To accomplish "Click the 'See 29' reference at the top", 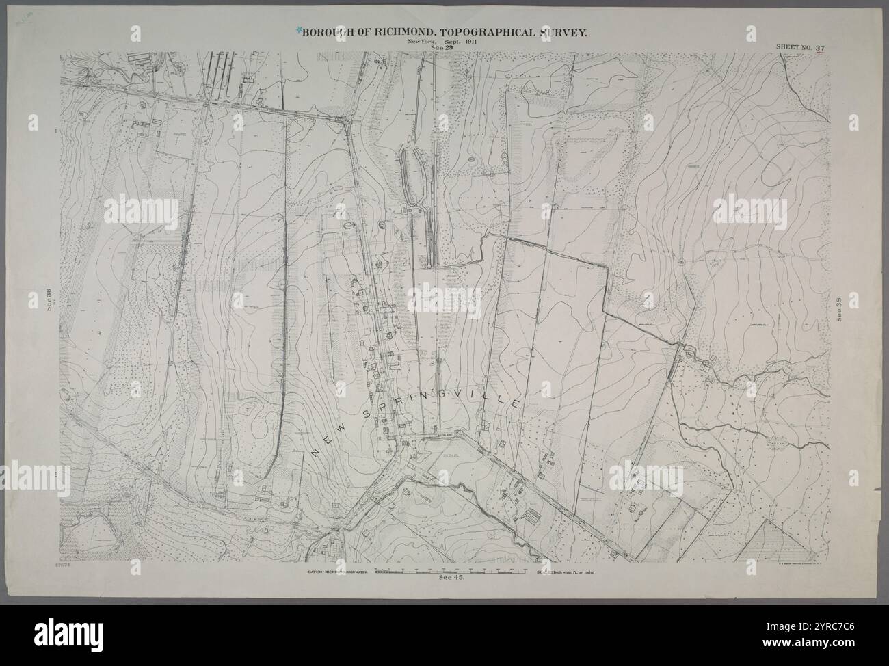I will click(441, 47).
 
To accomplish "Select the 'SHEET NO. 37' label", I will click(801, 48).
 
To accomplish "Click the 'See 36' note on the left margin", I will click(49, 300).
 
